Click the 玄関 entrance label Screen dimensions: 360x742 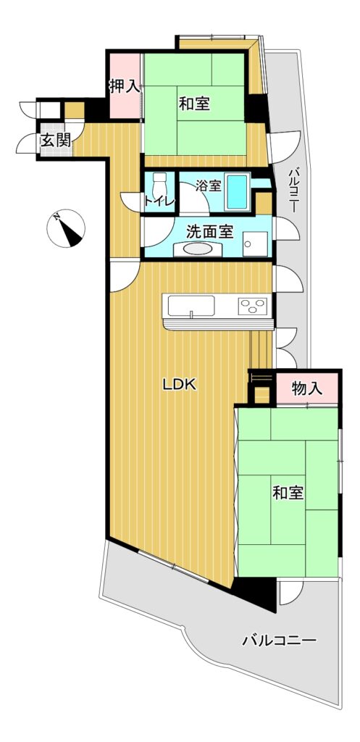(x=55, y=141)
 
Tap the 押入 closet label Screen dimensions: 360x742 (x=125, y=86)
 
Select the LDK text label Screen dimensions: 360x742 (x=180, y=385)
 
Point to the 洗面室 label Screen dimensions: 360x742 (x=209, y=232)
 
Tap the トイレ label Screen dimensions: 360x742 (x=160, y=201)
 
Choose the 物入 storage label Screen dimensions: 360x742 (x=307, y=388)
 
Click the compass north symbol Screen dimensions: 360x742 (x=66, y=228)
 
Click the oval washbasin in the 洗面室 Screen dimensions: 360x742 (x=198, y=249)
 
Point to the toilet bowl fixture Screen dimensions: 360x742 (x=160, y=183)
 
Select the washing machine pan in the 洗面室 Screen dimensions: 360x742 (x=255, y=243)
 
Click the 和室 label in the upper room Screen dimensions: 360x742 (x=194, y=103)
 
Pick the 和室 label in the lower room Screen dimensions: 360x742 (x=288, y=493)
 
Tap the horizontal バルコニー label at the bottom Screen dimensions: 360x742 (x=279, y=641)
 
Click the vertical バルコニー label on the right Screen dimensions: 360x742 (x=293, y=189)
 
